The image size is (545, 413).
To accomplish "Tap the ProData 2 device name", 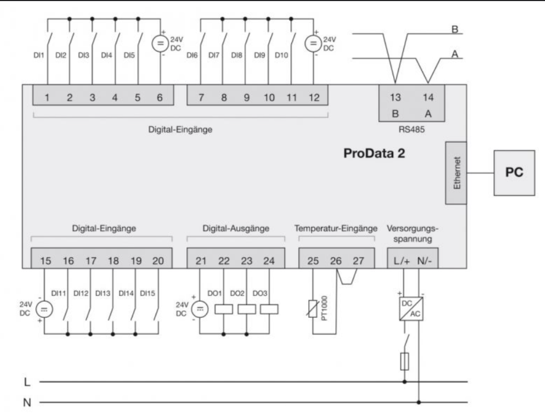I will [377, 153].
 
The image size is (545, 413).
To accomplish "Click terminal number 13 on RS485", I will [395, 97].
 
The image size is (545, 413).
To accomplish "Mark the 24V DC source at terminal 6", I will [160, 42].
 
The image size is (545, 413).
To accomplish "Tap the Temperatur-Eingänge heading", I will [336, 228].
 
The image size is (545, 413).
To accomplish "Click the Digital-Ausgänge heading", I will [236, 228].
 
